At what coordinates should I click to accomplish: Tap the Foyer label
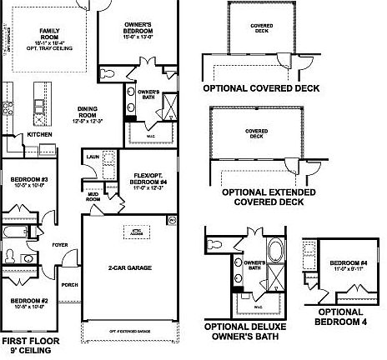(x=61, y=245)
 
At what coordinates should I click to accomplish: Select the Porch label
(x=70, y=283)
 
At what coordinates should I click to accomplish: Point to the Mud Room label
(x=93, y=198)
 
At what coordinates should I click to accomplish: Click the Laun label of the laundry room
(x=93, y=155)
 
